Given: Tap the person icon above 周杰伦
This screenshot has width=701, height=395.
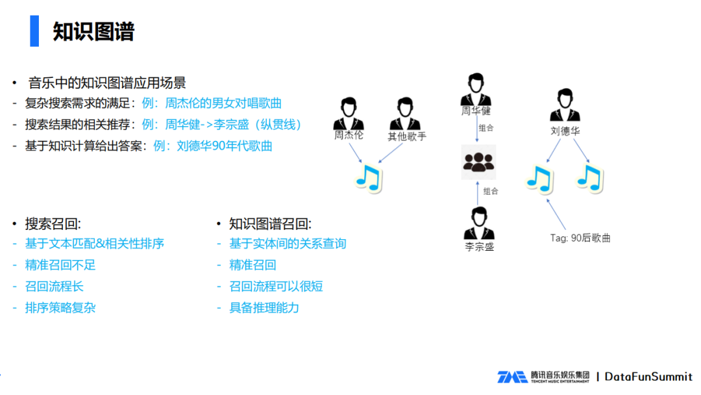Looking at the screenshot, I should [349, 114].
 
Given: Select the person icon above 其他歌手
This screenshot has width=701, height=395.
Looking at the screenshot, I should [406, 114].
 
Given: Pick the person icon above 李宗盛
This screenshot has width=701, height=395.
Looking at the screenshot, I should [479, 223].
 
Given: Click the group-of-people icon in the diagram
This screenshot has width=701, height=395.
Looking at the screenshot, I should [478, 162].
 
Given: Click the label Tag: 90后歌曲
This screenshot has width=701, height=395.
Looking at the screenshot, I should [580, 238].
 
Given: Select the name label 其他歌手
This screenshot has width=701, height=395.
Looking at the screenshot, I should [407, 136].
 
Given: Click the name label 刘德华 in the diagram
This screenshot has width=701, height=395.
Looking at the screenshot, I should [565, 131].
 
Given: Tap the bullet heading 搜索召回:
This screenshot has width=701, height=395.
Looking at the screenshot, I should [53, 224].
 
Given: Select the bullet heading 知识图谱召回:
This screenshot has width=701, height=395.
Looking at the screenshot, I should [270, 224].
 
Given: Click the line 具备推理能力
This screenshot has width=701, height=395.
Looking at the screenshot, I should [264, 307].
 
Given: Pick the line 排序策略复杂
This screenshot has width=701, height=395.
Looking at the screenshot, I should [60, 307].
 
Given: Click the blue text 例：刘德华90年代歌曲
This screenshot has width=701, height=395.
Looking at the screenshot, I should [213, 146].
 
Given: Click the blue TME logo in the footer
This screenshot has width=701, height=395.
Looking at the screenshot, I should [512, 377].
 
